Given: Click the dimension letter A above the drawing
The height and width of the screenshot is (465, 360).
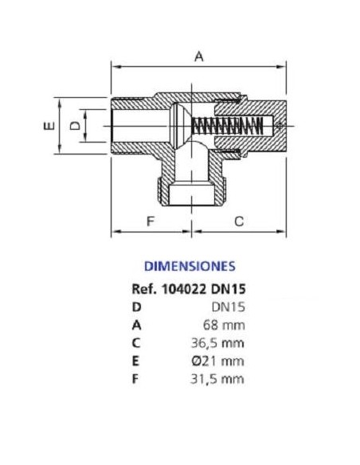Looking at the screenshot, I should tap(199, 57).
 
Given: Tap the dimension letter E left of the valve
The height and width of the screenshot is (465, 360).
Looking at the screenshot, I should tap(49, 126).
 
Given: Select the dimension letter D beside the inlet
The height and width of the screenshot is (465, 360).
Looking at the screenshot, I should tap(75, 126).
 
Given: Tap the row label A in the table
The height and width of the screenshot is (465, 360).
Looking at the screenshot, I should tap(136, 326).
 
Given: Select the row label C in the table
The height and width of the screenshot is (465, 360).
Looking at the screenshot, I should tap(136, 343).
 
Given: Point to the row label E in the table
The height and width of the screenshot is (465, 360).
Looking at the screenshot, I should tap(135, 361).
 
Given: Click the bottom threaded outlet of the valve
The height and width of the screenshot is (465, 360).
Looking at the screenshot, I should tap(191, 191).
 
